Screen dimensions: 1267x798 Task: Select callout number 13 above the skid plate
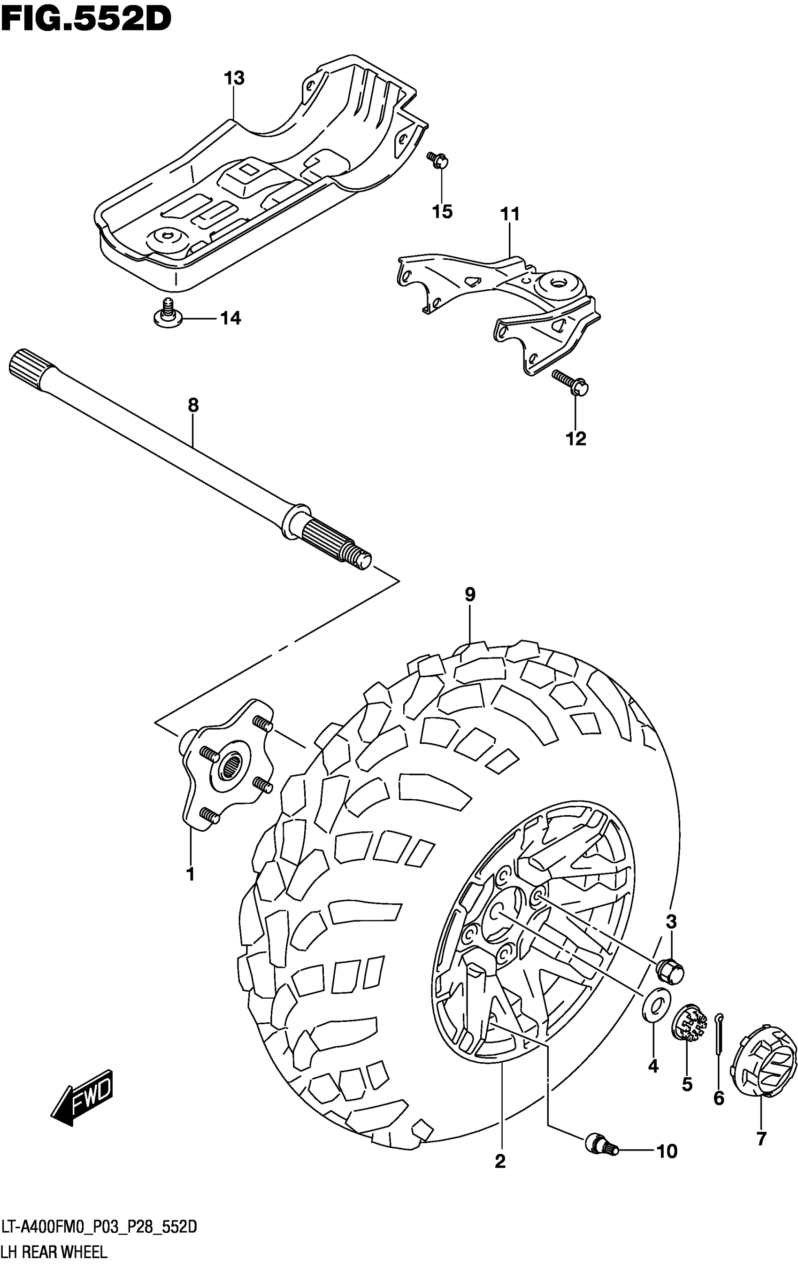click(234, 79)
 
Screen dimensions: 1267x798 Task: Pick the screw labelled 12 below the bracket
click(570, 383)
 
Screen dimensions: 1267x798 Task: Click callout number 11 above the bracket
click(510, 215)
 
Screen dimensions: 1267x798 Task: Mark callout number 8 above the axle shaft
click(193, 405)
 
